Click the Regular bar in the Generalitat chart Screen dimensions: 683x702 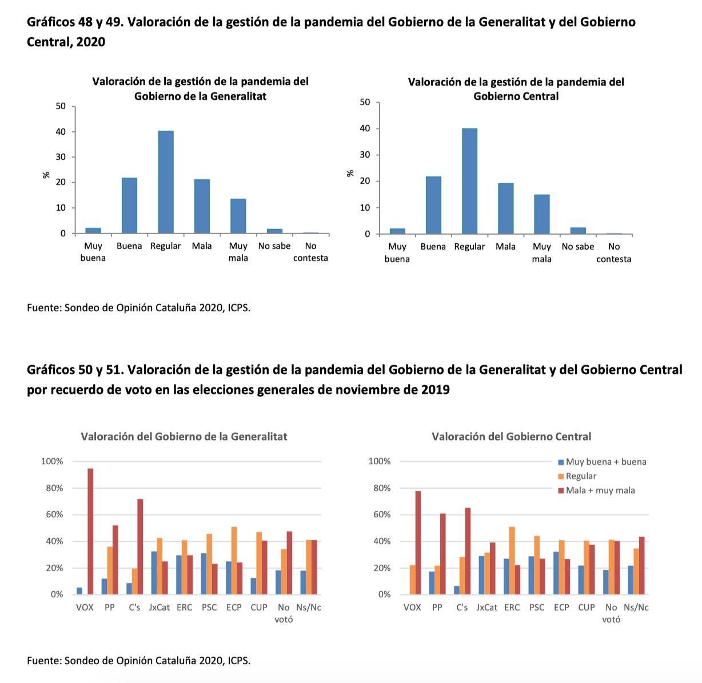pos(166,182)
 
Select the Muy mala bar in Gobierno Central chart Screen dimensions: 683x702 pos(541,214)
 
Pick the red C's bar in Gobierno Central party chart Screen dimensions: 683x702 pos(468,551)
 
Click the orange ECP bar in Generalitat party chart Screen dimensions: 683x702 pos(234,560)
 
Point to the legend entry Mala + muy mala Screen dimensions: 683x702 pos(600,490)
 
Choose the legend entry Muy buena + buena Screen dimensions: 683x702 pos(605,461)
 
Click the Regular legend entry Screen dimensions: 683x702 pos(580,476)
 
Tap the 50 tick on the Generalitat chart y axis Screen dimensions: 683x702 pos(61,106)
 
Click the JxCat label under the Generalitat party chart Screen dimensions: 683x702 pos(159,607)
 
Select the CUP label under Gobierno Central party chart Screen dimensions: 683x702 pos(586,607)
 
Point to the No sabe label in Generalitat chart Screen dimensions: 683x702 pos(274,246)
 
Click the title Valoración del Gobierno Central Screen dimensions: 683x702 pos(511,436)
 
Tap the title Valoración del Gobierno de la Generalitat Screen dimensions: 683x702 pos(184,436)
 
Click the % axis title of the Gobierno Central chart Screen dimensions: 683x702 pos(350,173)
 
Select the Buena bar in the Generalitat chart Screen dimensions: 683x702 pos(129,206)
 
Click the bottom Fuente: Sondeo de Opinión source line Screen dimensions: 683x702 pos(138,660)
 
